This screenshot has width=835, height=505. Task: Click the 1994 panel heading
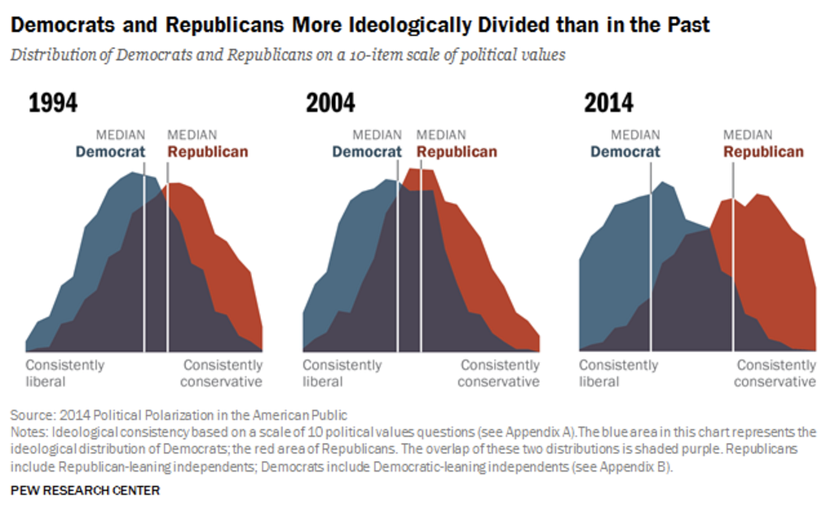(x=53, y=103)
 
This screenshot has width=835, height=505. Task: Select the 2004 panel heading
(x=330, y=103)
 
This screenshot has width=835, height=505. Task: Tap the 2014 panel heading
(x=608, y=103)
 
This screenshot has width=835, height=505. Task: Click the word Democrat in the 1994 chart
(x=110, y=151)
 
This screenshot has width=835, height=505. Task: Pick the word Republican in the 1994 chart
(x=207, y=151)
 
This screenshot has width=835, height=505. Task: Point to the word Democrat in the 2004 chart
(x=366, y=151)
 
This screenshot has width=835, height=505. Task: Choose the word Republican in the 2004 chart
(x=456, y=151)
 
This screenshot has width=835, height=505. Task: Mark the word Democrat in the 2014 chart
(x=625, y=151)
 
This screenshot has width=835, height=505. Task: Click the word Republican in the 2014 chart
(x=763, y=151)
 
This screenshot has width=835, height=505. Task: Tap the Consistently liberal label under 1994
(x=64, y=373)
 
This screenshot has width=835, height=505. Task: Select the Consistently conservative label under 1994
(x=222, y=373)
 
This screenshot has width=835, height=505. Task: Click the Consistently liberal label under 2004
(x=342, y=373)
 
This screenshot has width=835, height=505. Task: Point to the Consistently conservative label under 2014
(x=775, y=373)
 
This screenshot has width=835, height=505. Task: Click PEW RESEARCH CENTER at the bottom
(x=85, y=490)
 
